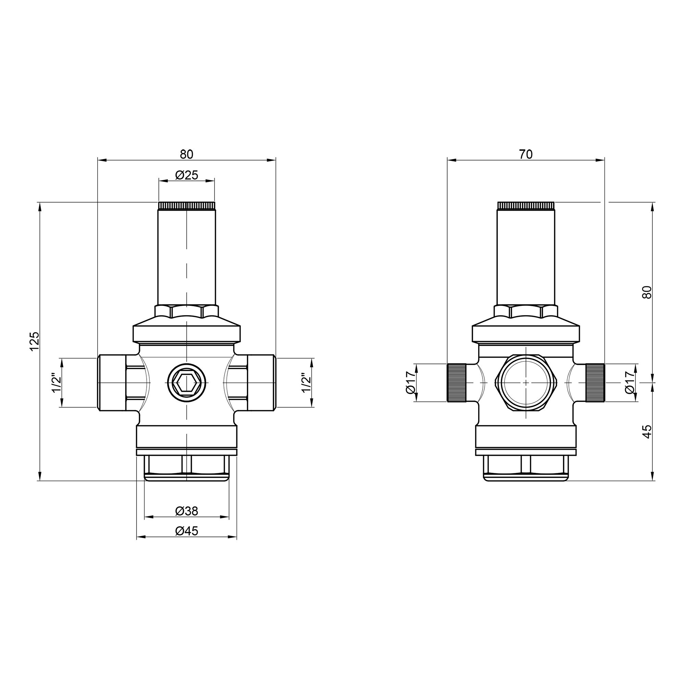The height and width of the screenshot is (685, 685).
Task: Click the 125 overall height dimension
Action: pyautogui.click(x=34, y=341)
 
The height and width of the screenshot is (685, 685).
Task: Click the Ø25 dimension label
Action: pyautogui.click(x=187, y=175)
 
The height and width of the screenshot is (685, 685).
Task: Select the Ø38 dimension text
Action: pyautogui.click(x=187, y=511)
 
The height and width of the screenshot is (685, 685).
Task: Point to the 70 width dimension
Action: pyautogui.click(x=526, y=154)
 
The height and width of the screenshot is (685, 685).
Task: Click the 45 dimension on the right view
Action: pyautogui.click(x=647, y=432)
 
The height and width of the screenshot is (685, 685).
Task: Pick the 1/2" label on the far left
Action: pyautogui.click(x=57, y=383)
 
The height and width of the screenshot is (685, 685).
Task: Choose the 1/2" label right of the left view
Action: pyautogui.click(x=306, y=383)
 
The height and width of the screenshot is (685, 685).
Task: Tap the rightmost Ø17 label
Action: pyautogui.click(x=630, y=383)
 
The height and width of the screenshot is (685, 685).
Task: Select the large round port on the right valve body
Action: pyautogui.click(x=526, y=383)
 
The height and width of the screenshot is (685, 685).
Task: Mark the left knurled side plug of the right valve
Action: pyautogui.click(x=457, y=383)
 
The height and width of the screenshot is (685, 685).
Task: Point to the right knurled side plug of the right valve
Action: pyautogui.click(x=595, y=383)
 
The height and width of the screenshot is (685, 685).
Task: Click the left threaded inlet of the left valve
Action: pyautogui.click(x=111, y=383)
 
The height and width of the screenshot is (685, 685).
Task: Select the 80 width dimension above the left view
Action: pyautogui.click(x=187, y=154)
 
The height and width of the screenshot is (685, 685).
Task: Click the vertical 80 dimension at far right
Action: pyautogui.click(x=647, y=292)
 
